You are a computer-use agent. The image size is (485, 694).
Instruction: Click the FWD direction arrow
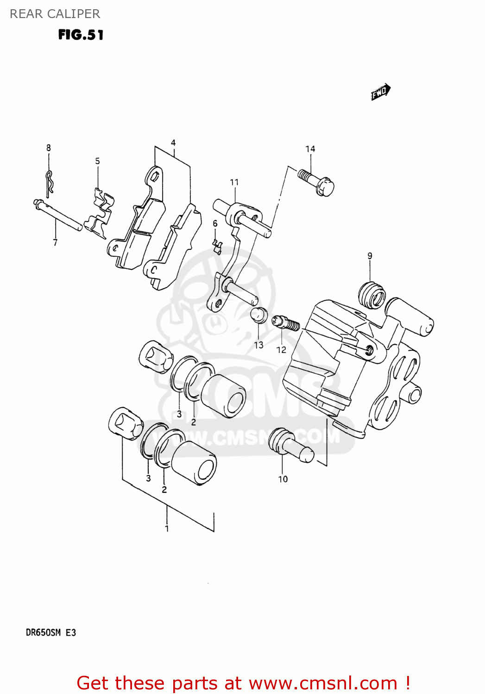pyautogui.click(x=380, y=92)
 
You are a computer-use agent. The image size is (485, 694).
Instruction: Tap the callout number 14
pyautogui.click(x=310, y=149)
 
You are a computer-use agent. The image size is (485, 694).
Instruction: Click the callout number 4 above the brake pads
pyautogui.click(x=173, y=143)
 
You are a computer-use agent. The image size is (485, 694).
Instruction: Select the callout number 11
pyautogui.click(x=234, y=182)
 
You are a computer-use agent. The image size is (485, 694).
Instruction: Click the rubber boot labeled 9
pyautogui.click(x=372, y=295)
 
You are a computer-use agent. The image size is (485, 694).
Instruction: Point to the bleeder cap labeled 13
pyautogui.click(x=258, y=315)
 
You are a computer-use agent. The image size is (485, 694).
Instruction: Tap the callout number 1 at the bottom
pyautogui.click(x=167, y=528)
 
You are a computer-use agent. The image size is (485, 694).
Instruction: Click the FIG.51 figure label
pyautogui.click(x=81, y=35)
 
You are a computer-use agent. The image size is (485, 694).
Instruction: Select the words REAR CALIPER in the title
pyautogui.click(x=55, y=14)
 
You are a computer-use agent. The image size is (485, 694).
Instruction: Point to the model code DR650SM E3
pyautogui.click(x=51, y=632)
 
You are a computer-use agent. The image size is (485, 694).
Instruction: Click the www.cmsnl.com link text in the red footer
pyautogui.click(x=323, y=683)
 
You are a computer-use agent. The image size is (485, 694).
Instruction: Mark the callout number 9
pyautogui.click(x=370, y=256)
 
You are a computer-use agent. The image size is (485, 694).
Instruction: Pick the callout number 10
pyautogui.click(x=283, y=479)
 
